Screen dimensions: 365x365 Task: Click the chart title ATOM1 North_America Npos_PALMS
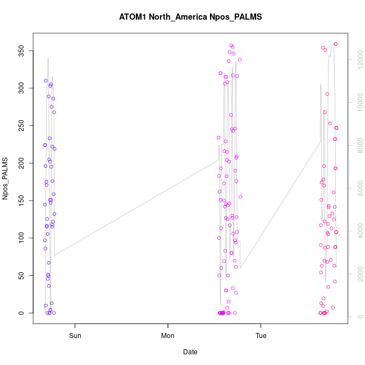coord(190,17)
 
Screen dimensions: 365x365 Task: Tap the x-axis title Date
coord(190,352)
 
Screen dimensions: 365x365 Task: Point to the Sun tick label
coord(75,337)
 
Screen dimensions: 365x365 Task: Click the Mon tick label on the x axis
coord(168,337)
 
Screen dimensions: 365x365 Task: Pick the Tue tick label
coord(261,337)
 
